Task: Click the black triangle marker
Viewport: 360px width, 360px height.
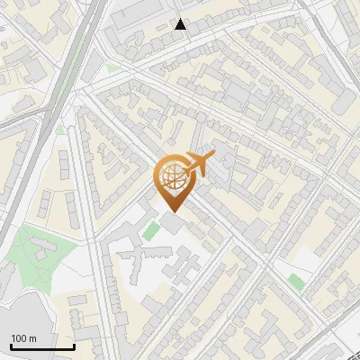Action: click(x=181, y=24)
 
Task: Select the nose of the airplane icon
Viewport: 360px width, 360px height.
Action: click(x=213, y=157)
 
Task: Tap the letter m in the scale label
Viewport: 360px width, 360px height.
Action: click(x=34, y=338)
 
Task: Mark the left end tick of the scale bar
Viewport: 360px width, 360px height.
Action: click(x=11, y=346)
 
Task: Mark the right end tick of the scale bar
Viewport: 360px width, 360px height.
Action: click(x=74, y=346)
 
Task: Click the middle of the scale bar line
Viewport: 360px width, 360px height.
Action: click(x=42, y=348)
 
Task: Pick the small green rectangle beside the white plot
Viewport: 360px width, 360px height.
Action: click(x=296, y=282)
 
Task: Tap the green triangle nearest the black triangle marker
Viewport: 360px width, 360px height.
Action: click(x=112, y=67)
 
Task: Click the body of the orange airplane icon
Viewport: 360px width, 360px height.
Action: click(x=201, y=165)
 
